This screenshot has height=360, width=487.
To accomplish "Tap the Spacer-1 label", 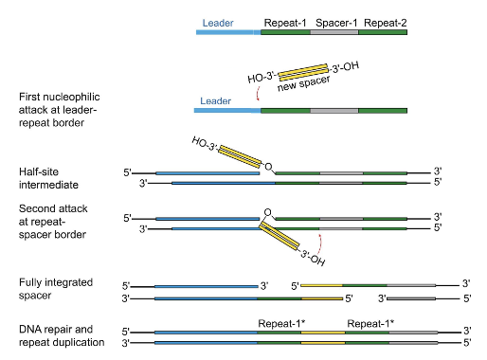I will [335, 19].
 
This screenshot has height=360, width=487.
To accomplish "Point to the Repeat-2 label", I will [384, 19].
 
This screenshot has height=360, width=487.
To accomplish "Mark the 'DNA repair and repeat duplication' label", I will [61, 334].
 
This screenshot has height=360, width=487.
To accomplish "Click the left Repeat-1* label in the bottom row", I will [281, 323].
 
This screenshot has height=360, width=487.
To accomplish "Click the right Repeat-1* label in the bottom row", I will [370, 323].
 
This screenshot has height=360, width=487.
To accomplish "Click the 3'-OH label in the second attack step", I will [314, 255].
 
